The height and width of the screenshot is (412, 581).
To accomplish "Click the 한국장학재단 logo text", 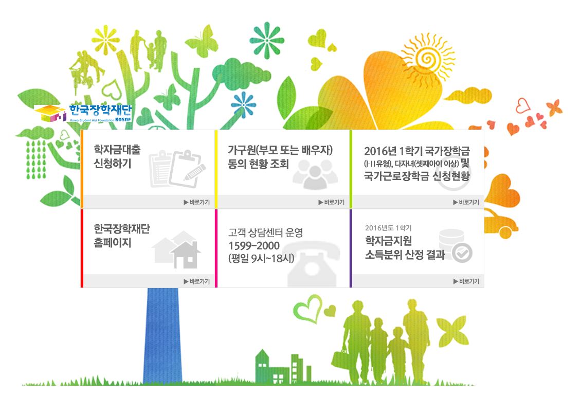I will [100, 110].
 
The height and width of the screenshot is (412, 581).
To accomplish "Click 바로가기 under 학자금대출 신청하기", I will [197, 202].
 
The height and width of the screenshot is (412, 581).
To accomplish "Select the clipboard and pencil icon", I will [178, 168].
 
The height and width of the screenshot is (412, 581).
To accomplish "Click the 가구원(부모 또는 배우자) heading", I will [281, 150].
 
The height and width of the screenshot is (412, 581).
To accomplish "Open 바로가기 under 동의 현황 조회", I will [332, 202].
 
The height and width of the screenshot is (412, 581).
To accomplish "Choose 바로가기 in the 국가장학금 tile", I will [466, 202].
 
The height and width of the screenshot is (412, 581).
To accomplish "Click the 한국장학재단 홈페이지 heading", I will [122, 235].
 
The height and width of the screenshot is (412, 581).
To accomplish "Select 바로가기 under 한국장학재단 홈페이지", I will [197, 281].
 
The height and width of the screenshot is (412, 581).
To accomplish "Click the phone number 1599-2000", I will [254, 246].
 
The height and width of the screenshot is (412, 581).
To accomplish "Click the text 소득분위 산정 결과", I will [405, 255].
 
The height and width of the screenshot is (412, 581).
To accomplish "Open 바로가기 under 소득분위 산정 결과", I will [466, 281].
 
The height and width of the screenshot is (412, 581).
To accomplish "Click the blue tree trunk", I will [162, 334].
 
